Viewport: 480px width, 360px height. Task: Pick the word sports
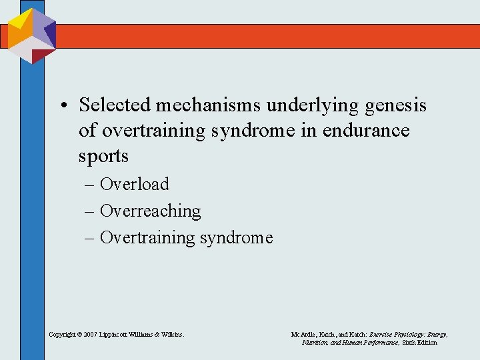click(103, 156)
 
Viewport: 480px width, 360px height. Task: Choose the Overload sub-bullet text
click(134, 184)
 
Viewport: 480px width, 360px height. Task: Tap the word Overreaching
click(150, 211)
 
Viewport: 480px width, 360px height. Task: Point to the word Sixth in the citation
click(411, 342)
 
